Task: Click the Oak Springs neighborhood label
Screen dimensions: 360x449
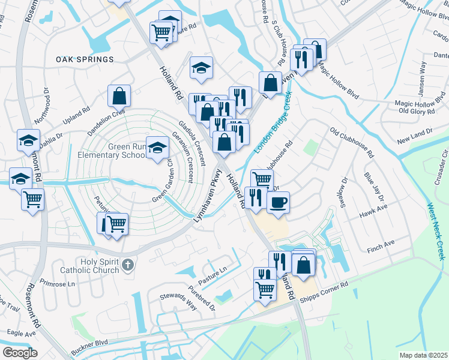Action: click(x=85, y=59)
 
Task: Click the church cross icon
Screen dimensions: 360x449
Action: click(x=127, y=264)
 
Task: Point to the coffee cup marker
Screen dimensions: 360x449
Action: click(x=277, y=202)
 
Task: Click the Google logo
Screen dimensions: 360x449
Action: click(x=20, y=352)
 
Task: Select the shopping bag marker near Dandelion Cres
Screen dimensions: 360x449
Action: click(x=119, y=95)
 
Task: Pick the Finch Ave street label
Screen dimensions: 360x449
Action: click(x=381, y=243)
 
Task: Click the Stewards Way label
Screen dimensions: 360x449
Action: click(x=178, y=301)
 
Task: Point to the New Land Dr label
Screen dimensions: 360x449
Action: click(x=414, y=136)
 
